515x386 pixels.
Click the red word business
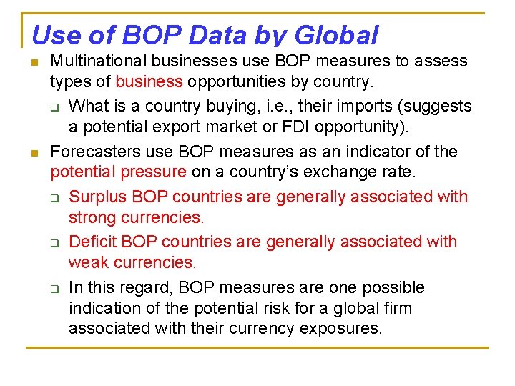[x=149, y=82]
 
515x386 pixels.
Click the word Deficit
[x=94, y=242]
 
